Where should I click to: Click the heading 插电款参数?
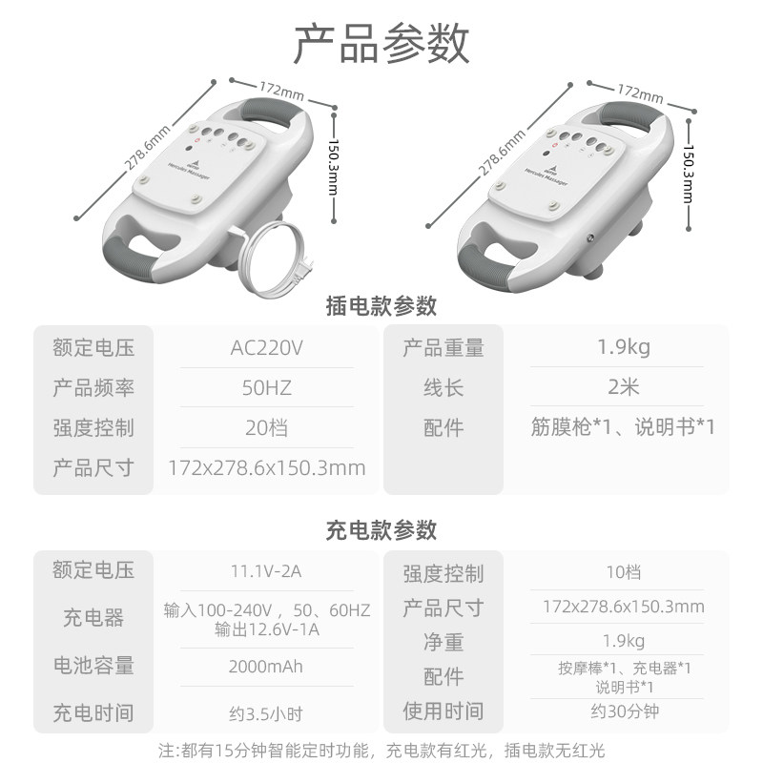(x=381, y=306)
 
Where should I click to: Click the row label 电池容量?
(x=93, y=666)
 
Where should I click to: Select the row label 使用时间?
(x=443, y=711)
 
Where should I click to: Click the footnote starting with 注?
(x=381, y=751)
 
